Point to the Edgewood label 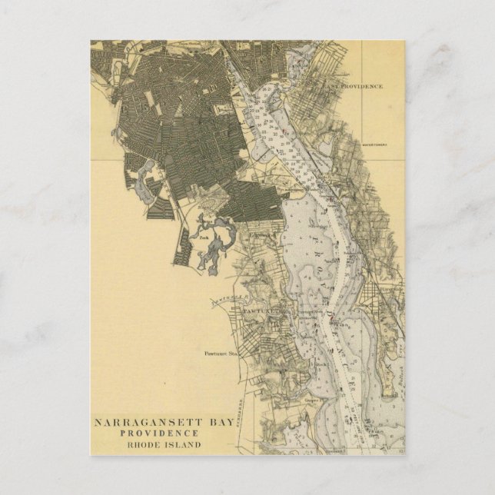tap(264, 235)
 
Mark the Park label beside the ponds tap(204, 238)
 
